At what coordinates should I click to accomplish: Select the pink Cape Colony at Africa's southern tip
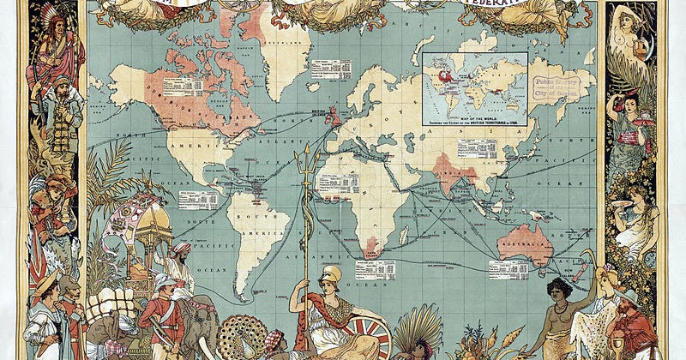[x=370, y=249]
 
